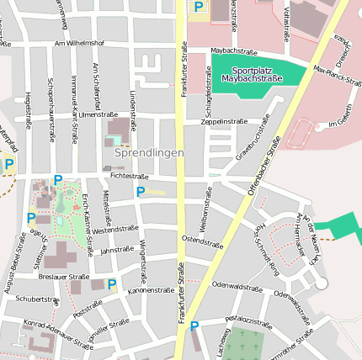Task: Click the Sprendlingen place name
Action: tap(149, 153)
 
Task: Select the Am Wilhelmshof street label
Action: tap(79, 42)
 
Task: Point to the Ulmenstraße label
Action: tap(96, 114)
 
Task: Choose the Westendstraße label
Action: tap(114, 229)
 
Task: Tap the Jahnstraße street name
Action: tap(117, 250)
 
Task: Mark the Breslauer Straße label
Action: tap(64, 276)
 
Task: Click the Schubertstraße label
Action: tap(37, 299)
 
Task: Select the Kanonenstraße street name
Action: tap(150, 290)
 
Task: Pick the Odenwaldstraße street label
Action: tap(237, 286)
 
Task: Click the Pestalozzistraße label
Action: tap(248, 320)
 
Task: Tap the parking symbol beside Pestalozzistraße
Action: tap(194, 326)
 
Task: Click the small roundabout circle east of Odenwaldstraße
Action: tap(321, 284)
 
